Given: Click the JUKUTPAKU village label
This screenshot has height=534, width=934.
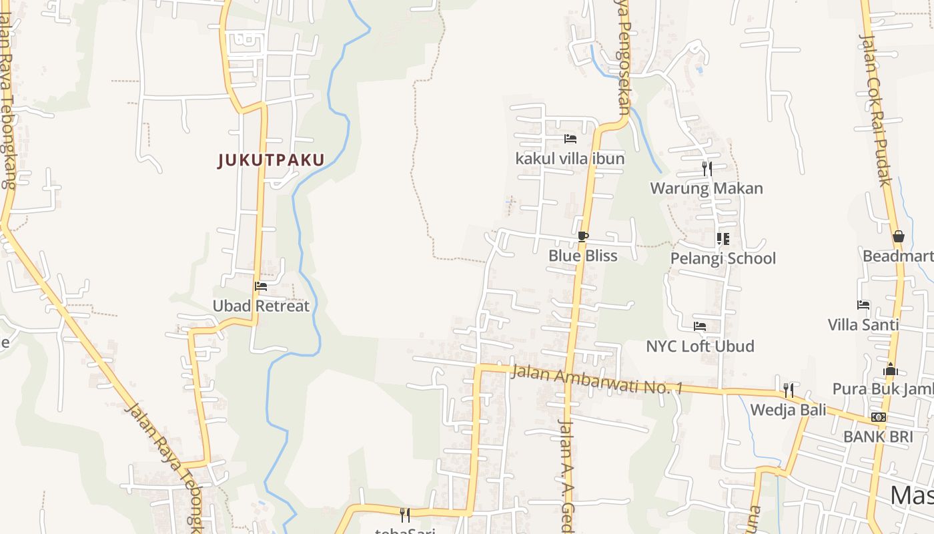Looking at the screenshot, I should pyautogui.click(x=271, y=160).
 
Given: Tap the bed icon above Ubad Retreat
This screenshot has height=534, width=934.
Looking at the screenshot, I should pyautogui.click(x=261, y=286).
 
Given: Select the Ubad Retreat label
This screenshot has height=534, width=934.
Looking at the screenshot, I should pyautogui.click(x=261, y=306).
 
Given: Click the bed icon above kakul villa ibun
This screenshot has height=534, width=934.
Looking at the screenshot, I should pyautogui.click(x=570, y=139).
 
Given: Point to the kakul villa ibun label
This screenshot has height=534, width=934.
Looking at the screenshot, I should pyautogui.click(x=570, y=158).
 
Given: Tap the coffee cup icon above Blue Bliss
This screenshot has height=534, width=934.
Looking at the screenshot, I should pyautogui.click(x=582, y=236).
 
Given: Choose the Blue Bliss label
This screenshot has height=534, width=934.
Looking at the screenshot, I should pyautogui.click(x=582, y=256).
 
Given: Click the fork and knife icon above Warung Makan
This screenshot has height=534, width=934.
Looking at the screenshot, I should pyautogui.click(x=707, y=168).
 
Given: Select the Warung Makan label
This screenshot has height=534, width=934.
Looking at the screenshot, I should pyautogui.click(x=707, y=188).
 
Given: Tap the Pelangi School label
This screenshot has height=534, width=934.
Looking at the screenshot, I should pyautogui.click(x=723, y=258).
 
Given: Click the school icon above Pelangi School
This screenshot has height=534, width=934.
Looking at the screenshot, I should pyautogui.click(x=723, y=238).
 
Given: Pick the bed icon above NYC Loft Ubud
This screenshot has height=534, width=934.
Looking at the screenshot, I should pyautogui.click(x=700, y=326).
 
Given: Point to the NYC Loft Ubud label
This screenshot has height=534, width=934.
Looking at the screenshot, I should pyautogui.click(x=700, y=346).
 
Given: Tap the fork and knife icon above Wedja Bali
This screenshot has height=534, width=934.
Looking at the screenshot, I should pyautogui.click(x=788, y=390).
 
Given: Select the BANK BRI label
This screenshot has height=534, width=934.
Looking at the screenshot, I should pyautogui.click(x=877, y=437).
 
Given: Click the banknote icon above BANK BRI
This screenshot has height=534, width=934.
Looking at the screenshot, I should pyautogui.click(x=878, y=417).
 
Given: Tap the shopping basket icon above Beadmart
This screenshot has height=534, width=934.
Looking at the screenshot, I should pyautogui.click(x=898, y=236).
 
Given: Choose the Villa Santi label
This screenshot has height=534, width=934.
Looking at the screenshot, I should pyautogui.click(x=863, y=325).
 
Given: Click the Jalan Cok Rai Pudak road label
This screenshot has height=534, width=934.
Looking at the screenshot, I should pyautogui.click(x=876, y=110).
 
